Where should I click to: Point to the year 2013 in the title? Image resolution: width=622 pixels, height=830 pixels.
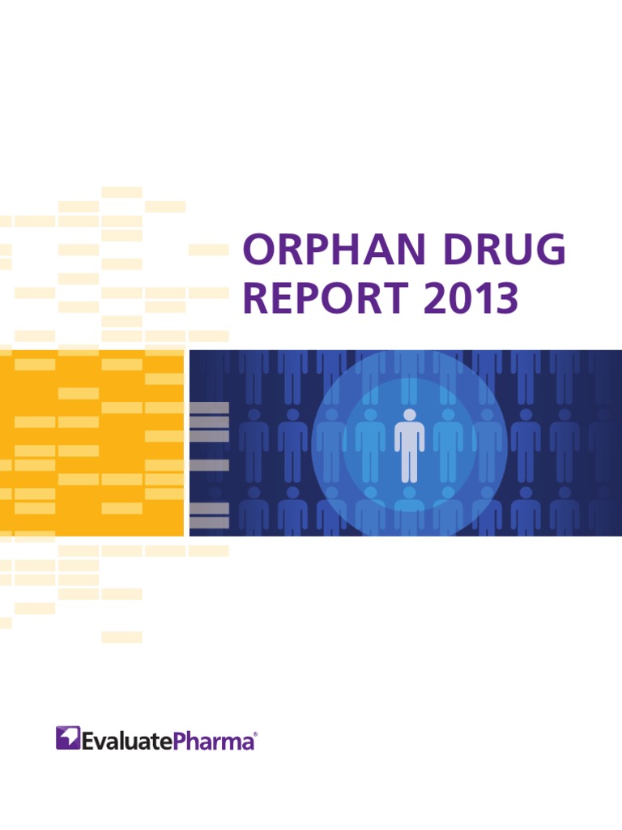click(469, 298)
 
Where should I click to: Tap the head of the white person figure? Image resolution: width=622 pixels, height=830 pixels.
click(409, 414)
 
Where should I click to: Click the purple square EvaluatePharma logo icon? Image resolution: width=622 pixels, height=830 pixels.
click(68, 738)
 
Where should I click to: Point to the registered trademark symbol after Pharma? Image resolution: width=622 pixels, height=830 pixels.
click(257, 734)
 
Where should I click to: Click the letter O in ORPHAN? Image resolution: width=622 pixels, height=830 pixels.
click(258, 251)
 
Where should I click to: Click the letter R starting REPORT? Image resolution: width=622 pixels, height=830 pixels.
click(256, 298)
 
